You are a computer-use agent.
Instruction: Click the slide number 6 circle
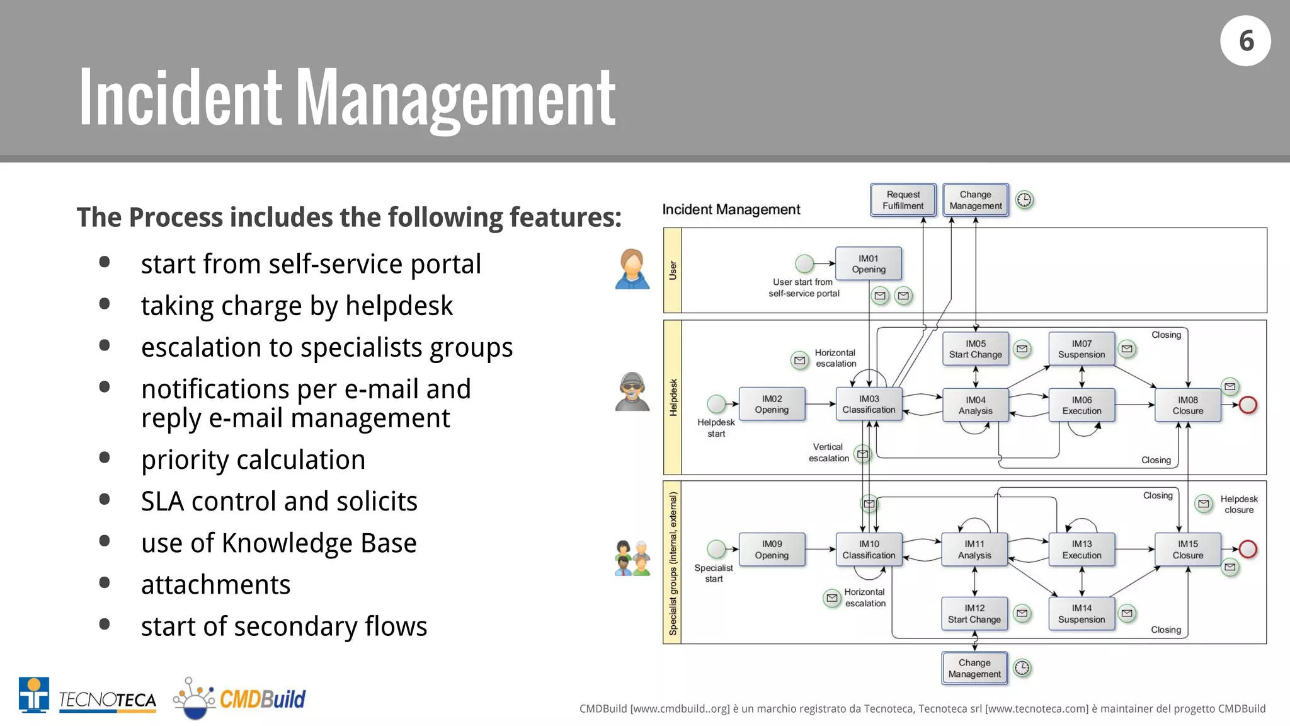click(1245, 41)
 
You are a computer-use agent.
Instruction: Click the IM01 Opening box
click(868, 264)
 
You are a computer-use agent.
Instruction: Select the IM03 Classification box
click(869, 405)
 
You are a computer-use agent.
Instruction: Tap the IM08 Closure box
click(1187, 405)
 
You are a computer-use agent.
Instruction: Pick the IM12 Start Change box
click(974, 614)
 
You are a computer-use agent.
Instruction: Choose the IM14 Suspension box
click(1082, 614)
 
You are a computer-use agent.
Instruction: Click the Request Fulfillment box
click(903, 200)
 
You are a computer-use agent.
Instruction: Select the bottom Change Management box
click(974, 669)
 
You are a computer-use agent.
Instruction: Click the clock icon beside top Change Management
click(1025, 200)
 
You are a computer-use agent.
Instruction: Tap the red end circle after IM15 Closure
click(1248, 549)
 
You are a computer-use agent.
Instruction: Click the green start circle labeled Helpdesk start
click(716, 403)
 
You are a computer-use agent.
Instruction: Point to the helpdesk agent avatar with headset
click(632, 391)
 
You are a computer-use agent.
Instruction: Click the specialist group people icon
click(632, 558)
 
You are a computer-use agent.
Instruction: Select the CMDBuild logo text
click(262, 699)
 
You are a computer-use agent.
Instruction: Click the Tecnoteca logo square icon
click(34, 694)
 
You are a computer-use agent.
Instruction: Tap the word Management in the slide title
click(455, 100)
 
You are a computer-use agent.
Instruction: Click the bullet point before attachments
click(105, 583)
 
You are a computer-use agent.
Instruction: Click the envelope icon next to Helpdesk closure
click(1204, 504)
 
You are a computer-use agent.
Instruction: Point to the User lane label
click(673, 270)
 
